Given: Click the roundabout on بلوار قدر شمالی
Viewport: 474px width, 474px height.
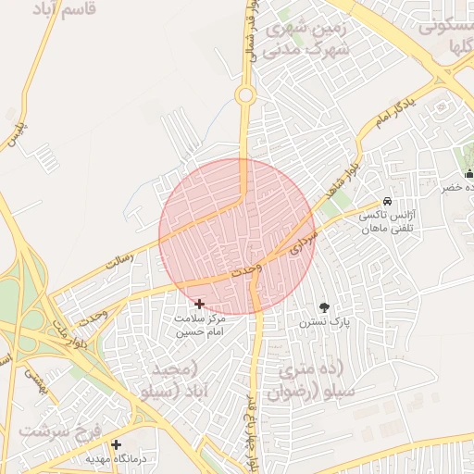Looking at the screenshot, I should click(x=244, y=94).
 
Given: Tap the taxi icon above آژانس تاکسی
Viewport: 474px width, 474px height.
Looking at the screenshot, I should click(x=387, y=203).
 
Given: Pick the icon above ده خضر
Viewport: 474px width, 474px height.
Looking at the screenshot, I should click(x=468, y=173).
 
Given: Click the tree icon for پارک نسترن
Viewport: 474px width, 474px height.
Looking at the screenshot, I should click(x=324, y=306).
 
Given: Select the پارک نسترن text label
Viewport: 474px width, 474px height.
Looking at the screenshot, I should click(x=319, y=322).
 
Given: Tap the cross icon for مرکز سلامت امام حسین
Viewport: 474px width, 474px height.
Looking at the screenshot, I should click(x=199, y=303).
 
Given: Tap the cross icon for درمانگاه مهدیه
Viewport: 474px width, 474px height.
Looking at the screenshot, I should click(x=116, y=444).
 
